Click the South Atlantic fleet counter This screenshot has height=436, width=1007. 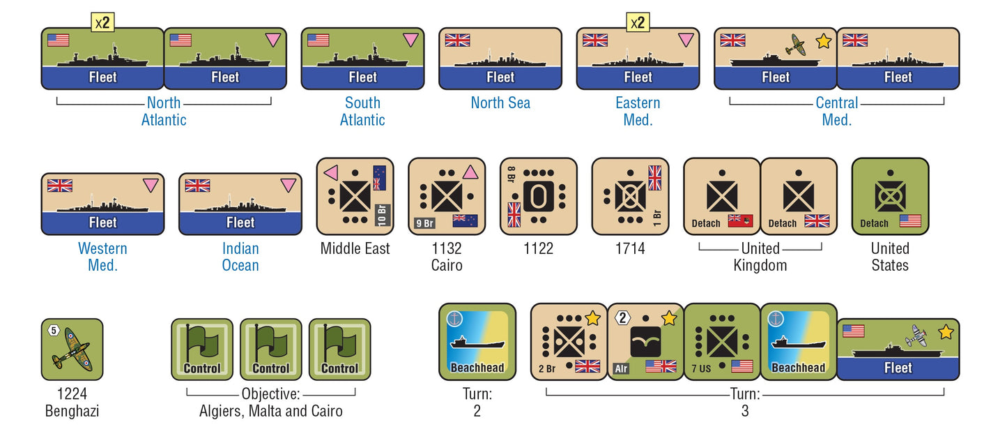point(362,59)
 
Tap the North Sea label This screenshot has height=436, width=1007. point(500,103)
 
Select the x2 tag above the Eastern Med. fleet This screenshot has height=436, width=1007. point(638,22)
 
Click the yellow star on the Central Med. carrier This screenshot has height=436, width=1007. point(824,41)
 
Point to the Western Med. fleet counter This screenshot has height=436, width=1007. point(102,204)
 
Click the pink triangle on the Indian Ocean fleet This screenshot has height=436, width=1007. point(288,186)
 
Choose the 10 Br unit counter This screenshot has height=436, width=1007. point(355,196)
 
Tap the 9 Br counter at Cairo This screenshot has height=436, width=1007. point(447,196)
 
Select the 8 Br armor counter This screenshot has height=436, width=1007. point(539,196)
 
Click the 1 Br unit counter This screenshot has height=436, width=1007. point(630,196)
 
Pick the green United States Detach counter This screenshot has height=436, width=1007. point(890,196)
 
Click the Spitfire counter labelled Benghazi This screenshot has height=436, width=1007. point(72,349)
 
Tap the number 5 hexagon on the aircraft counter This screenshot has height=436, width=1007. point(54,331)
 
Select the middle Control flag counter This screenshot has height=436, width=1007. point(270,349)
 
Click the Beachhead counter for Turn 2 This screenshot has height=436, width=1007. point(477,341)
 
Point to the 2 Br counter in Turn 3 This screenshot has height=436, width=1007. point(569,341)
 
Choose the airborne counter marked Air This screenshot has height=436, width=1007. point(645,341)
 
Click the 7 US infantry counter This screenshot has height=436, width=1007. point(722,341)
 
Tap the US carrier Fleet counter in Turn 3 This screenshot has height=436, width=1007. point(898,349)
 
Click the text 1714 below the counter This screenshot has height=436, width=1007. point(630,248)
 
